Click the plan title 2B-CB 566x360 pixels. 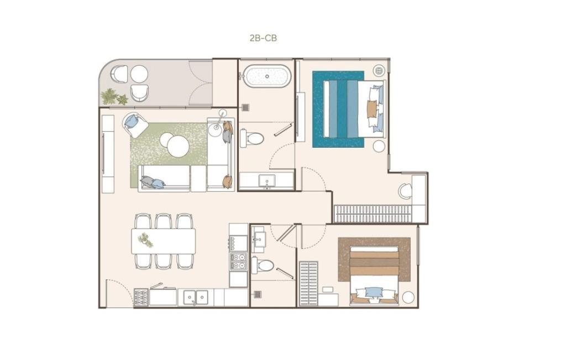(x=263, y=38)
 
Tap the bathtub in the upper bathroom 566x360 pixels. (x=267, y=76)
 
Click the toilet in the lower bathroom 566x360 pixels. (x=263, y=266)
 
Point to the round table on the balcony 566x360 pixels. (x=139, y=74)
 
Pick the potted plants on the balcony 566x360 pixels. (x=114, y=97)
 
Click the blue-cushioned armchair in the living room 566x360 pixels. (x=135, y=124)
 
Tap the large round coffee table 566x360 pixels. (x=178, y=146)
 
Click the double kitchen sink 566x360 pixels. (x=196, y=298)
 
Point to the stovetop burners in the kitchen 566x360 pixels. (x=239, y=262)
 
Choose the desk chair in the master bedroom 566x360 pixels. (x=405, y=191)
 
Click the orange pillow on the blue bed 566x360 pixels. (x=371, y=109)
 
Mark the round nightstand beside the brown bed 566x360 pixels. (x=408, y=297)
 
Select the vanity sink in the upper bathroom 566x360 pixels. (x=266, y=180)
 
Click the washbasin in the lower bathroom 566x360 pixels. (x=259, y=238)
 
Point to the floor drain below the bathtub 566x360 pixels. (x=246, y=107)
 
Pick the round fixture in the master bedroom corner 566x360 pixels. (x=379, y=71)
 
